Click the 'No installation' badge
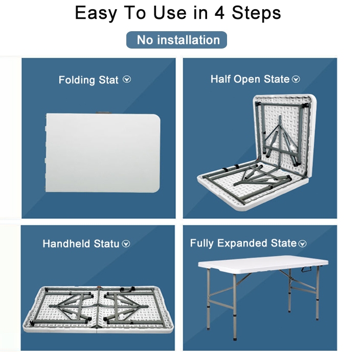coord(176,40)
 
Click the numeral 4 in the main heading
coord(219,13)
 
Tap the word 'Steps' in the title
coord(256,13)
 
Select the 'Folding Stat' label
coord(88,80)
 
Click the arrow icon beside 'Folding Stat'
coord(127,79)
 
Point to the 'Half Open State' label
coord(250,79)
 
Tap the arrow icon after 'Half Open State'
coord(296,79)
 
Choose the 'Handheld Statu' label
coord(81,243)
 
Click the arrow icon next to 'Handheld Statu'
coord(126,243)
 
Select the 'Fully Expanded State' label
coord(243,243)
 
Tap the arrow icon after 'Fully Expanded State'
coord(302,243)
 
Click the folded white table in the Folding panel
coord(102,153)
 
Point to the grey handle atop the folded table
coord(103,112)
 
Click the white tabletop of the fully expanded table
coord(263,264)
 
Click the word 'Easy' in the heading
coord(96,13)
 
